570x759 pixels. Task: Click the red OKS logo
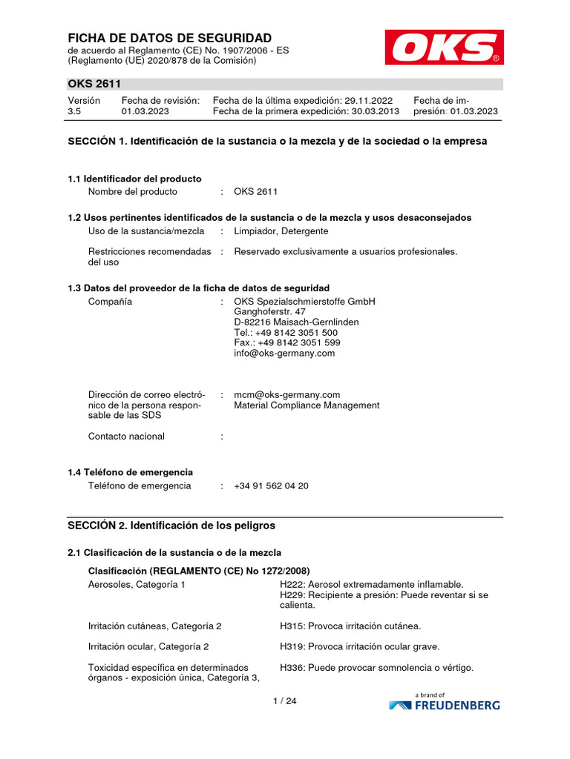click(444, 47)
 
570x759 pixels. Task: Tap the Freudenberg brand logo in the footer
click(444, 703)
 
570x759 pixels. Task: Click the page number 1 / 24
click(284, 701)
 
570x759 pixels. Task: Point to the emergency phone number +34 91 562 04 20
click(271, 485)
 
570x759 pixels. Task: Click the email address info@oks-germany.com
click(284, 354)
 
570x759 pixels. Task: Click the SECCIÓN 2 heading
click(171, 526)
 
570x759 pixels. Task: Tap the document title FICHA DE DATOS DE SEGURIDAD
click(170, 38)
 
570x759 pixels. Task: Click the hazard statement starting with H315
click(350, 626)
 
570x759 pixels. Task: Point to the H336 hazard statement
click(376, 668)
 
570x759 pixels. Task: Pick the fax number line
click(286, 343)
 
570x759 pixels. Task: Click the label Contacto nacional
click(126, 437)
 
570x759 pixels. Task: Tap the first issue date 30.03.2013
click(375, 111)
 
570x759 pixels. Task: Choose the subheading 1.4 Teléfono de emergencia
click(130, 472)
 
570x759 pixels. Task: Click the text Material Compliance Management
click(307, 405)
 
